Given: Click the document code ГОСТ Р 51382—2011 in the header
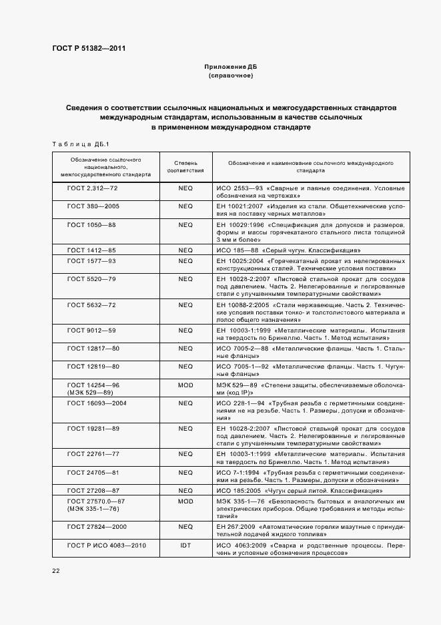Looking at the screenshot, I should click(88, 49).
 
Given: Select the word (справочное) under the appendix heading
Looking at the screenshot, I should click(230, 76).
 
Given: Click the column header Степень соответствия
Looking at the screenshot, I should click(185, 166).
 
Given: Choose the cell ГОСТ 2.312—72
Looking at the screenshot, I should click(92, 189).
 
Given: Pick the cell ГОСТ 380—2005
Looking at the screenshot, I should click(93, 206).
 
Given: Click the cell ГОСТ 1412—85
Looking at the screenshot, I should click(92, 250).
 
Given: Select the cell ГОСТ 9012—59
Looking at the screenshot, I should click(92, 330).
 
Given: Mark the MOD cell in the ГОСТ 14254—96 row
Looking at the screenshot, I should click(185, 385).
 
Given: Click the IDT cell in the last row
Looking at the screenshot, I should click(185, 546).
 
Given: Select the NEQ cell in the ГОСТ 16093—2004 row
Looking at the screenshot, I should click(185, 403).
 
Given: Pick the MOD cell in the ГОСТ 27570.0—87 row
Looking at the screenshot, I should click(185, 500).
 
